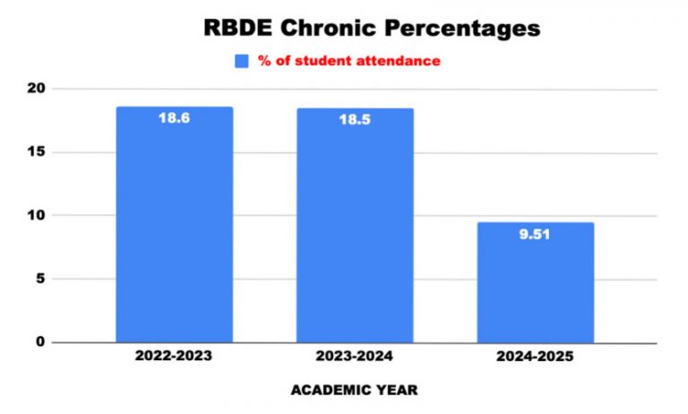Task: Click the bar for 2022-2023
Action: coord(174,224)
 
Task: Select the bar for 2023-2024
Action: coord(355,225)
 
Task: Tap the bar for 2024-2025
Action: coord(535,282)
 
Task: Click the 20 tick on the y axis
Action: coord(36,89)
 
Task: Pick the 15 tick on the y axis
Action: coord(36,152)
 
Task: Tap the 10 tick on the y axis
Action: coord(36,215)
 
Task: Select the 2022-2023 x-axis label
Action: coord(174,356)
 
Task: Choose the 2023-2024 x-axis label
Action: coord(355,356)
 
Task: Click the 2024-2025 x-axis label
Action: coord(535,356)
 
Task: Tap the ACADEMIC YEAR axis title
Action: coord(355,391)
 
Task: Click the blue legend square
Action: coord(241,61)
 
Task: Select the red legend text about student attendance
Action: coord(349,61)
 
